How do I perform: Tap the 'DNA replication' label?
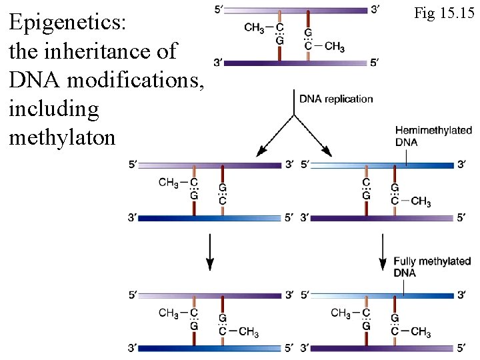click(x=336, y=99)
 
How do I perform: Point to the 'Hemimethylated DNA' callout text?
click(x=433, y=136)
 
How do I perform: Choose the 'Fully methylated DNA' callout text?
click(x=431, y=267)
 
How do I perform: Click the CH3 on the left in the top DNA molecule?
click(x=254, y=27)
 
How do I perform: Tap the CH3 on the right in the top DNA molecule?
click(x=333, y=47)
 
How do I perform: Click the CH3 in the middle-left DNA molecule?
click(x=169, y=182)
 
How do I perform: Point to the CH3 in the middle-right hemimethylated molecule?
click(x=420, y=201)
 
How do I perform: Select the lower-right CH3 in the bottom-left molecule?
click(x=248, y=332)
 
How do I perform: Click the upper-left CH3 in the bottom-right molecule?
click(x=341, y=313)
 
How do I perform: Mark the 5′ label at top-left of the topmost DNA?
click(x=220, y=9)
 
